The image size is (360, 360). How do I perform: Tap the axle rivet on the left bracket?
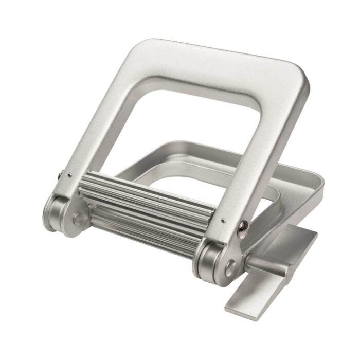tap(78, 220)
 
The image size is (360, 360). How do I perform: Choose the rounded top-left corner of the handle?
tap(139, 49)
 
